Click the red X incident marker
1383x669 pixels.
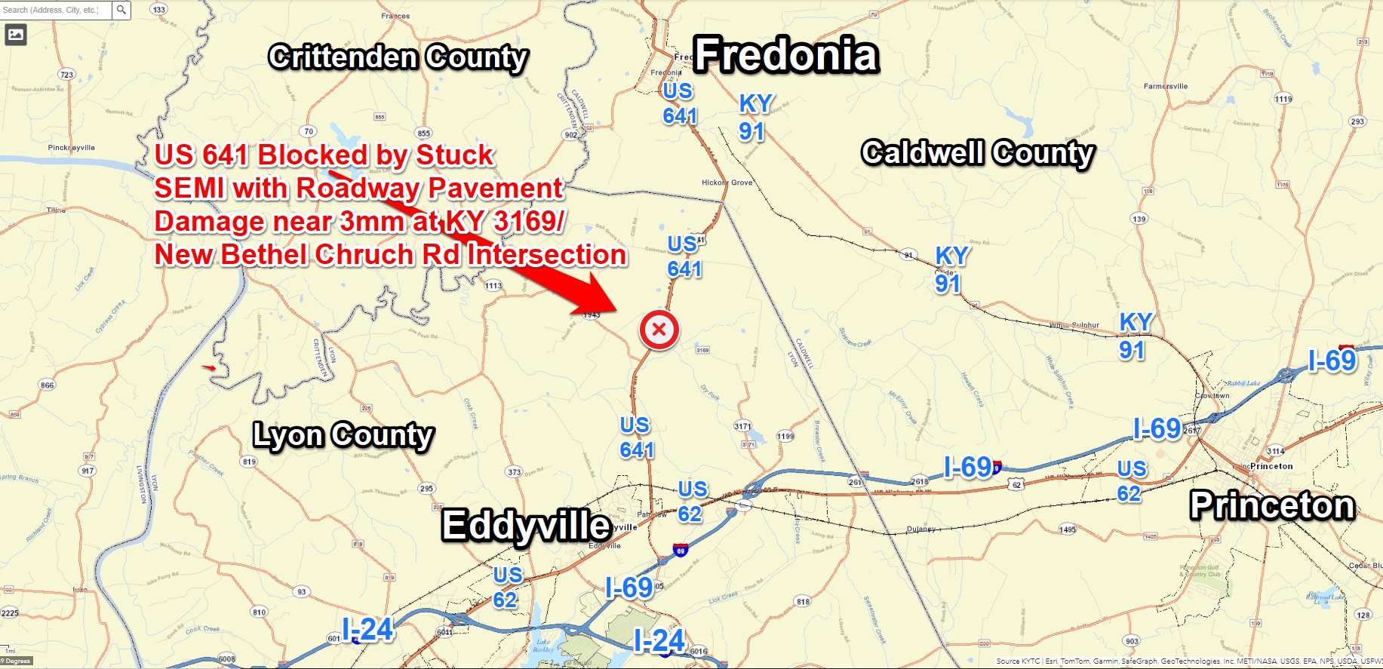pyautogui.click(x=659, y=330)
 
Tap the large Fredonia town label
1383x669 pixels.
pyautogui.click(x=786, y=55)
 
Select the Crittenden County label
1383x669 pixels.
pyautogui.click(x=398, y=57)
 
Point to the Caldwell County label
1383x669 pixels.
pyautogui.click(x=978, y=153)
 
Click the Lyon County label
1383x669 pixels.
pyautogui.click(x=343, y=435)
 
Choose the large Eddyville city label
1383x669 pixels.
pyautogui.click(x=526, y=525)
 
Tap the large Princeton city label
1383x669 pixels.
pyautogui.click(x=1272, y=505)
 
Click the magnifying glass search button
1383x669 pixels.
pyautogui.click(x=121, y=10)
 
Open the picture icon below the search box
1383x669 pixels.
pyautogui.click(x=16, y=34)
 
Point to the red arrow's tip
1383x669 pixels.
pyautogui.click(x=617, y=310)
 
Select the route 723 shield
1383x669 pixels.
pyautogui.click(x=67, y=75)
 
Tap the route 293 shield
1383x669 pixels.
pyautogui.click(x=1357, y=121)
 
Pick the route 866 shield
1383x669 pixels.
pyautogui.click(x=48, y=385)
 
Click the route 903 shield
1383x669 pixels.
pyautogui.click(x=1131, y=641)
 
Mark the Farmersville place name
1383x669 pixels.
pyautogui.click(x=1165, y=86)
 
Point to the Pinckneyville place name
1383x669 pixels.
pyautogui.click(x=72, y=148)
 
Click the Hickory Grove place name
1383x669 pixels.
pyautogui.click(x=727, y=183)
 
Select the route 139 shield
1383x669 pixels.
pyautogui.click(x=1139, y=219)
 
